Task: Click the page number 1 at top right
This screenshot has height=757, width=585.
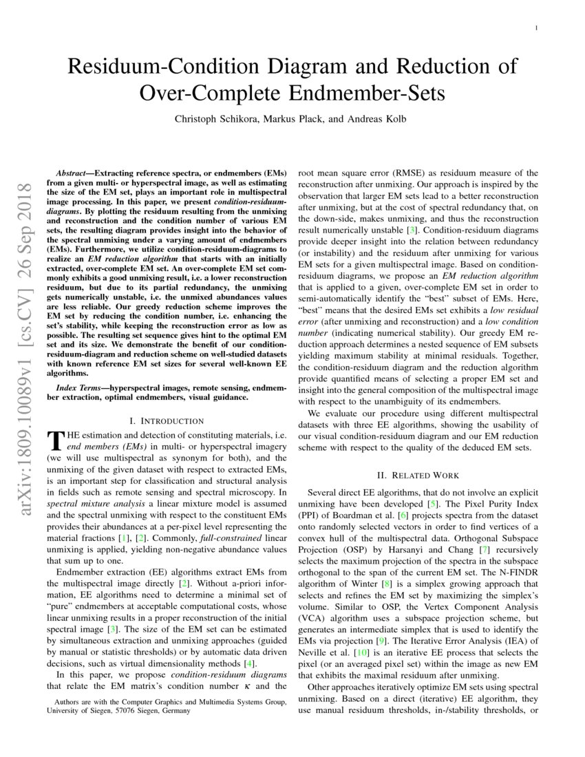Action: click(x=535, y=28)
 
